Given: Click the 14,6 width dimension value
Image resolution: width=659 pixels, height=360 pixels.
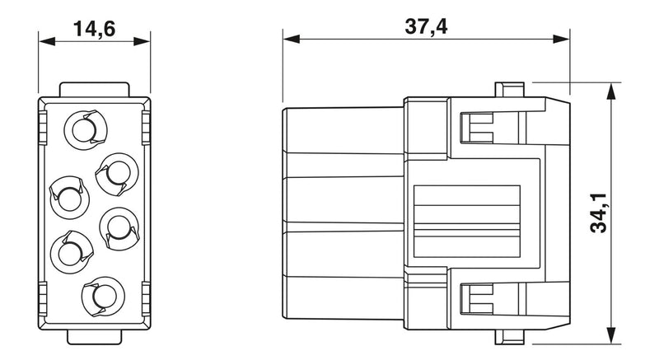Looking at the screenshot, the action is pyautogui.click(x=94, y=29).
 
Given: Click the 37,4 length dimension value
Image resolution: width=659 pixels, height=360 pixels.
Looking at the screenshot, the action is pyautogui.click(x=426, y=26).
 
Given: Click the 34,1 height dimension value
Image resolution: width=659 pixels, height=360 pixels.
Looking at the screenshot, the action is pyautogui.click(x=599, y=213).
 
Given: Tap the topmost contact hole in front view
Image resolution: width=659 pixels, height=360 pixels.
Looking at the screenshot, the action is pyautogui.click(x=86, y=130).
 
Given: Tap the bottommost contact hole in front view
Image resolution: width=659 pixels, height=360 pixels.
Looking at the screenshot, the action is pyautogui.click(x=103, y=297).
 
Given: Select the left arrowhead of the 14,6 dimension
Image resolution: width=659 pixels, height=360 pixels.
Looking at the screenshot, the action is pyautogui.click(x=47, y=41).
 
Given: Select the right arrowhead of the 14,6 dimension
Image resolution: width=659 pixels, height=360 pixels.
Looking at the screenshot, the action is pyautogui.click(x=142, y=41).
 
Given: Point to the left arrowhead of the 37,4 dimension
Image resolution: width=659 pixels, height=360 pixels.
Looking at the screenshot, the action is pyautogui.click(x=292, y=39).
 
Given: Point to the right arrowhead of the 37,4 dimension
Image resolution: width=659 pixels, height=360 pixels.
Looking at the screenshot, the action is pyautogui.click(x=561, y=39).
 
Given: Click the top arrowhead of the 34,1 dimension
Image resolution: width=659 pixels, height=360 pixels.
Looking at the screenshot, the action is pyautogui.click(x=611, y=91).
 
